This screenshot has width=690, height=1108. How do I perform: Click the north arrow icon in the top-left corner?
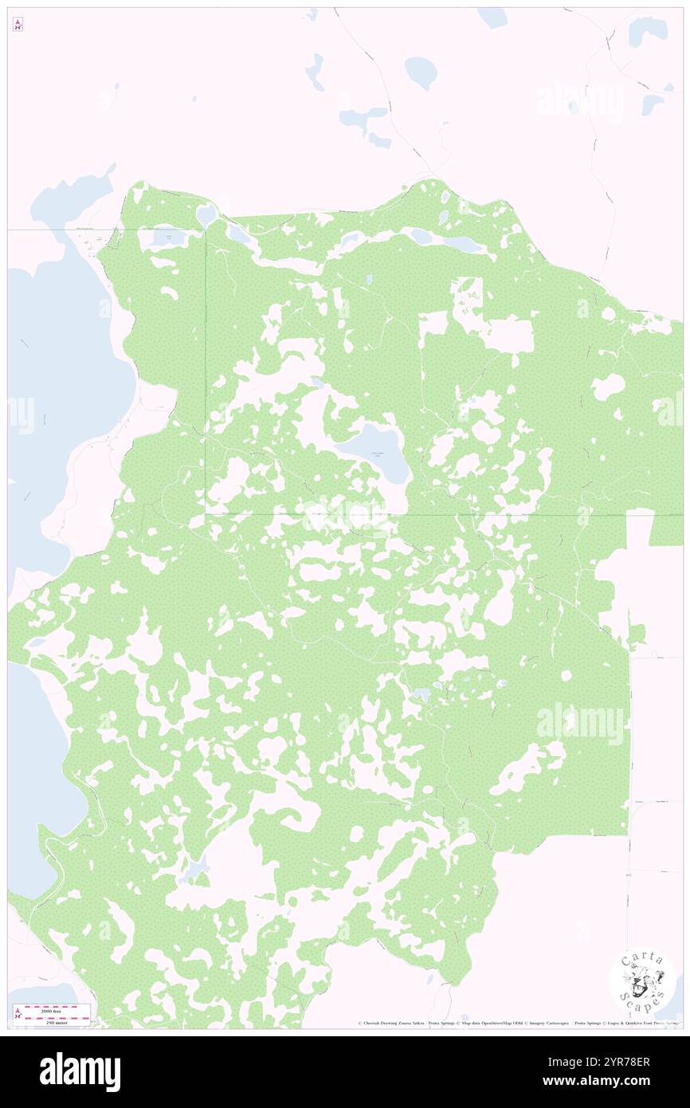click(18, 24)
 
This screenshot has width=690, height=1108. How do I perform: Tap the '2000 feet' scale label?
click(54, 1008)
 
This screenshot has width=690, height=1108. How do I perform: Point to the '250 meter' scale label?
click(54, 1021)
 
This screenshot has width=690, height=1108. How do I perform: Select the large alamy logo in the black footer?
click(80, 1071)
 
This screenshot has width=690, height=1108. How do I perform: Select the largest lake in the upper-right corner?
click(647, 30)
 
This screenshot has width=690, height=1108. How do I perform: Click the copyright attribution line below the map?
click(518, 1023)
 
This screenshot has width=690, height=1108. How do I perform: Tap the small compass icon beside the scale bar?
click(18, 1015)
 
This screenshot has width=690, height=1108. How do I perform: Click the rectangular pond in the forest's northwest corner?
click(168, 237)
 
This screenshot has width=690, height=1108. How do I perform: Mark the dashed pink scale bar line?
click(54, 1015)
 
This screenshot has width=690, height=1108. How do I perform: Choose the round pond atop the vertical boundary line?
click(206, 214)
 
